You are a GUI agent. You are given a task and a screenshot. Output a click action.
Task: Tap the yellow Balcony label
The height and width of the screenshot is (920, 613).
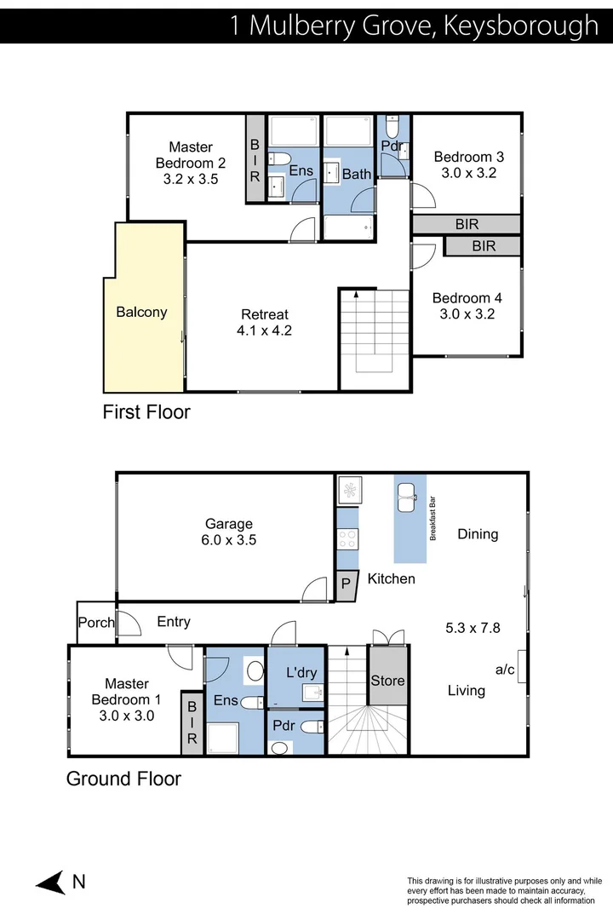141,312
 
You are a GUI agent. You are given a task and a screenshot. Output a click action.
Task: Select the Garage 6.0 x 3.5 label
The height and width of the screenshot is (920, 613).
229,532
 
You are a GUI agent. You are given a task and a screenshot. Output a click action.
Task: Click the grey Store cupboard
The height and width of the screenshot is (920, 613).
387,681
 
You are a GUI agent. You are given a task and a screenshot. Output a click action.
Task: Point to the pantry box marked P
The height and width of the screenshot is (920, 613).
346,584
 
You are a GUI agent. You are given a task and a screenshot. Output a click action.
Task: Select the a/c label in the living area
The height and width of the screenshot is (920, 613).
505,670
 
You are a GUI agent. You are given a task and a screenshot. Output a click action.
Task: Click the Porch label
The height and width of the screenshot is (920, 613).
95,623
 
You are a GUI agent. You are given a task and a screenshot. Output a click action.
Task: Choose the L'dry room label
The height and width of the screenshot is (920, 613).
301,672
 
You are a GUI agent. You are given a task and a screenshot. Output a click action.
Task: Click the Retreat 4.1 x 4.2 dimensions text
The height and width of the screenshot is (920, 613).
266,331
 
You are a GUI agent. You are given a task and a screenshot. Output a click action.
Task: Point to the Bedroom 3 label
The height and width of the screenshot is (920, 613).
468,157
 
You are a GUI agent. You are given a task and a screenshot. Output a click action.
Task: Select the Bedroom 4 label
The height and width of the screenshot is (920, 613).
467,298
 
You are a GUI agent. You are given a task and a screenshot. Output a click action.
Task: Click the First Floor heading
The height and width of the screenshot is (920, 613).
146,412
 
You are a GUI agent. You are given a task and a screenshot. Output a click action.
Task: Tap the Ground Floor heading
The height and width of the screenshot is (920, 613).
123,779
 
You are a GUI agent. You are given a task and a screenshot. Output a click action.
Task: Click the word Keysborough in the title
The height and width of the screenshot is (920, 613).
521,26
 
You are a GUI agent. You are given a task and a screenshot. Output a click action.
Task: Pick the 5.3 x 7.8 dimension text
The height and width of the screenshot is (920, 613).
473,629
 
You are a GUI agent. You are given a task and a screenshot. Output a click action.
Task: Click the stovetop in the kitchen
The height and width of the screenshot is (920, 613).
347,538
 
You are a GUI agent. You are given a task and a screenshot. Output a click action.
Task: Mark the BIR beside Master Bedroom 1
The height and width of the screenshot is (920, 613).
192,724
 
